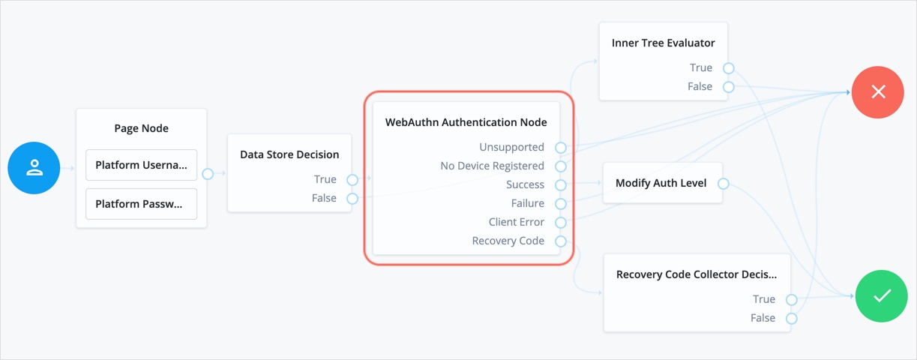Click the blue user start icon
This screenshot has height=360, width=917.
click(x=34, y=168)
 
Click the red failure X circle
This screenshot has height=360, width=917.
click(x=877, y=92)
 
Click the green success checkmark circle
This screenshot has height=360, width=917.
click(x=881, y=296)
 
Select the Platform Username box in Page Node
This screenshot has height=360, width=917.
click(x=141, y=165)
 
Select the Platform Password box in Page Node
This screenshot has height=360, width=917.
click(x=141, y=204)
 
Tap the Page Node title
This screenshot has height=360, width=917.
click(x=141, y=128)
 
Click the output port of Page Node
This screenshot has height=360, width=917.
click(x=208, y=174)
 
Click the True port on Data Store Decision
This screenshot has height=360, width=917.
click(x=352, y=180)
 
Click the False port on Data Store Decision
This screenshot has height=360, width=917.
click(x=352, y=199)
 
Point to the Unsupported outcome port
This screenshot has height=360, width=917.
click(x=560, y=148)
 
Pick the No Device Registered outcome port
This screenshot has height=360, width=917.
click(x=560, y=166)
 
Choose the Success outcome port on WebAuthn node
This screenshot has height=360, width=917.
click(x=560, y=185)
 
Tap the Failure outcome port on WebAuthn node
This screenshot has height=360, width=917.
click(x=560, y=204)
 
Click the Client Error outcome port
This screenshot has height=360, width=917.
click(x=560, y=223)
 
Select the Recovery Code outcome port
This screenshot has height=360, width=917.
click(x=560, y=241)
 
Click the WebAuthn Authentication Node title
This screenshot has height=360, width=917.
click(x=466, y=122)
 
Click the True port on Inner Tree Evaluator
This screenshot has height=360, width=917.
click(x=728, y=68)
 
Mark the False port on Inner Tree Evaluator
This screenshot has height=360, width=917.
click(x=728, y=87)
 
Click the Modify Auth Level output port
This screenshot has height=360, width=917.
click(x=723, y=184)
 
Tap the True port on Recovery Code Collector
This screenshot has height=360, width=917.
click(x=791, y=300)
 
